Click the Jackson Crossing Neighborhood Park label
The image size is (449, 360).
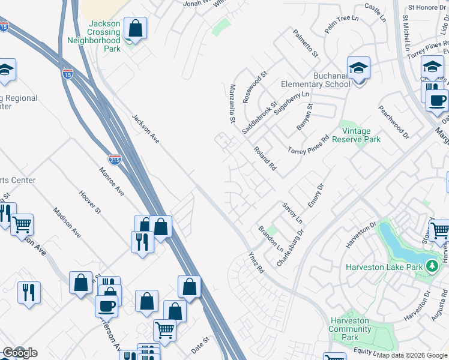[x=103, y=36]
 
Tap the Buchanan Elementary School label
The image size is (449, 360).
[x=331, y=80]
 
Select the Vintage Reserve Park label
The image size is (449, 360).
[x=361, y=135]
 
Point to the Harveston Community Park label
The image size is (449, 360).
[x=350, y=329]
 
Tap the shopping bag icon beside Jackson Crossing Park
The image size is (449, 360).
[x=136, y=28]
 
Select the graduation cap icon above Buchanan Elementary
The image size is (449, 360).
[x=358, y=68]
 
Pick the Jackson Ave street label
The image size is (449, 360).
[x=146, y=129]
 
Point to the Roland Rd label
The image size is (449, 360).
[x=264, y=159]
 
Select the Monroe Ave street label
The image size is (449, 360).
[x=112, y=181]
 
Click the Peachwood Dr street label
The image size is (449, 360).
[x=393, y=120]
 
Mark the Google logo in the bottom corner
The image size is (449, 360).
[x=20, y=353]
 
